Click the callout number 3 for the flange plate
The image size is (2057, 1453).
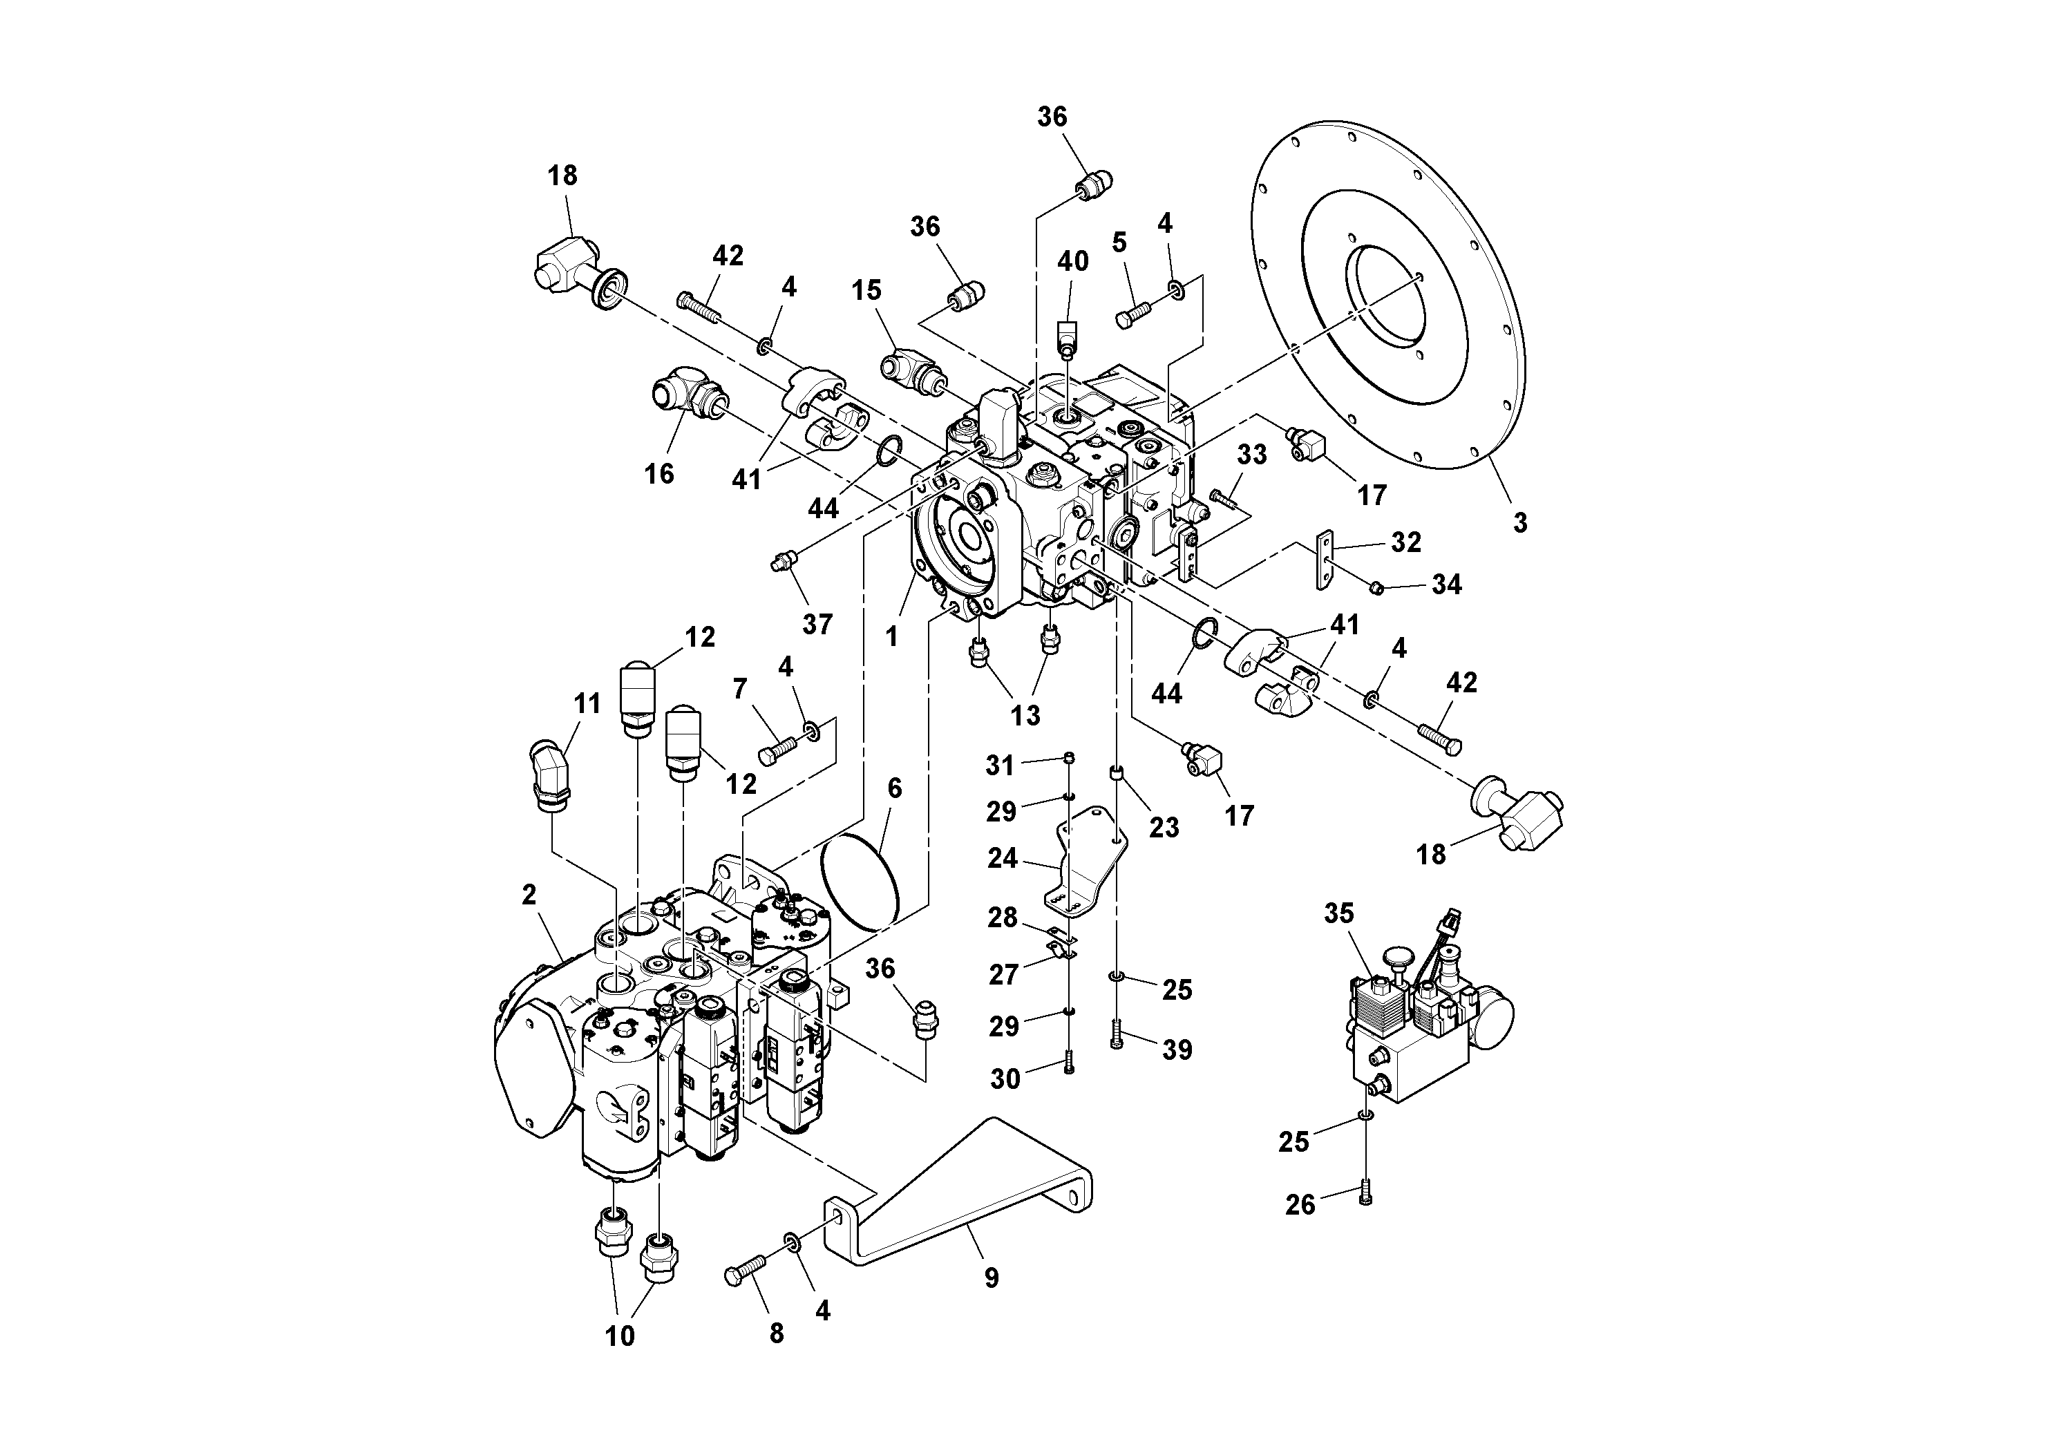(x=1519, y=523)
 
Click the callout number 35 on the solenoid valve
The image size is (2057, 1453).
(x=1338, y=913)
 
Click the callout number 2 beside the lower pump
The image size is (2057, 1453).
(x=529, y=894)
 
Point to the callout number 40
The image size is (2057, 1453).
(x=1072, y=262)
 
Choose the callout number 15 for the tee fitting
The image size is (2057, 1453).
(x=866, y=290)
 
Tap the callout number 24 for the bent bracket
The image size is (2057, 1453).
(x=1003, y=858)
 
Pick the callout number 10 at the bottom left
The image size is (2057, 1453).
(x=620, y=1336)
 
